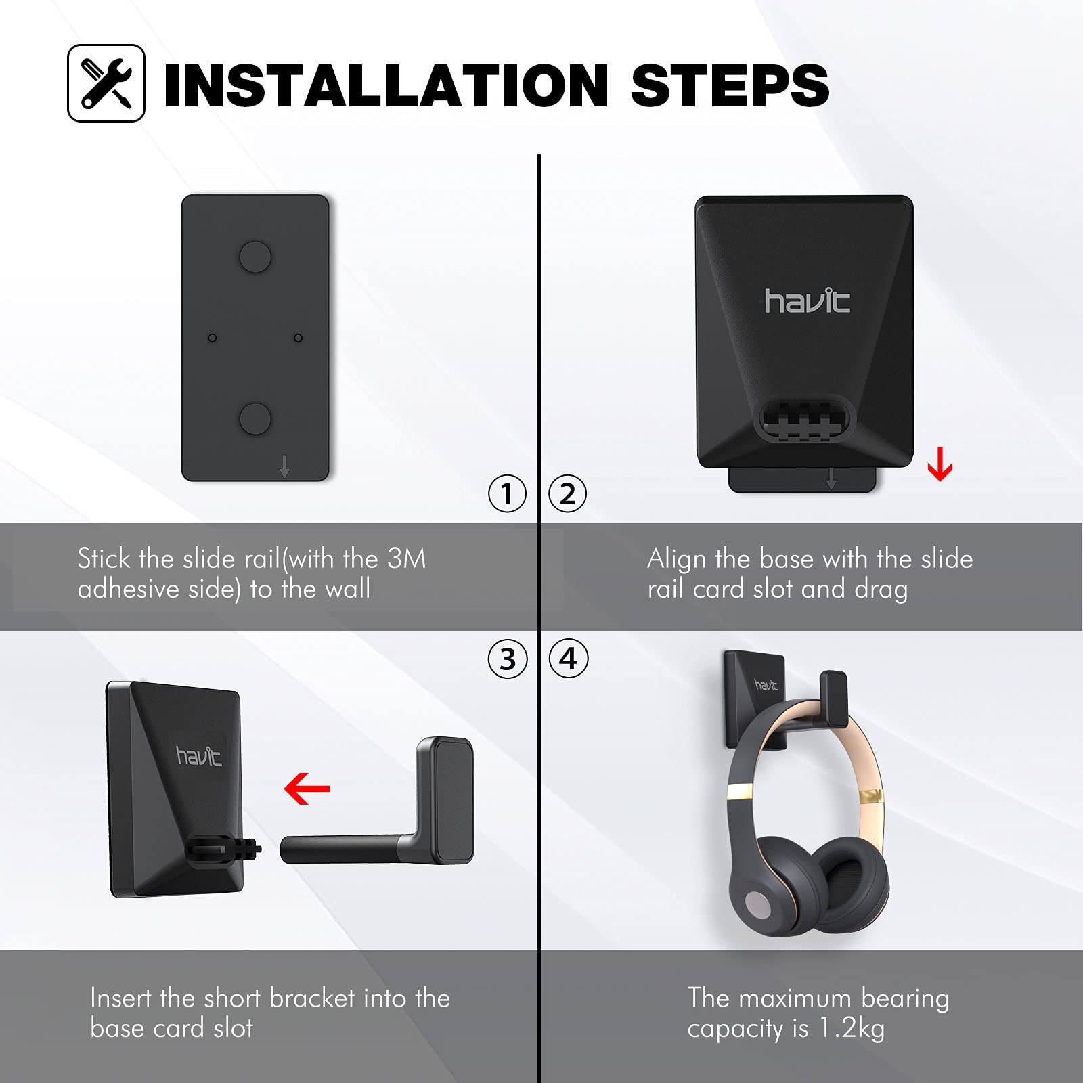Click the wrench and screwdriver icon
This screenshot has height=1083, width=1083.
pyautogui.click(x=106, y=83)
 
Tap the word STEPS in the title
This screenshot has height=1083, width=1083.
pyautogui.click(x=730, y=85)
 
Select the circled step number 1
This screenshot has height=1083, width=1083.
pyautogui.click(x=507, y=493)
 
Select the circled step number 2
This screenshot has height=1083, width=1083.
pyautogui.click(x=567, y=493)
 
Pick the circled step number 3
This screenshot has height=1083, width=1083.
pyautogui.click(x=507, y=659)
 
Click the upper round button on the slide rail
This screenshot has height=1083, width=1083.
pyautogui.click(x=255, y=257)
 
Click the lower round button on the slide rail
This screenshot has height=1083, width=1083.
pyautogui.click(x=255, y=418)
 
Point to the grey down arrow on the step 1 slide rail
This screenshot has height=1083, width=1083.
pyautogui.click(x=284, y=466)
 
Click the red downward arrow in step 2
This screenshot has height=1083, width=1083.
pyautogui.click(x=940, y=464)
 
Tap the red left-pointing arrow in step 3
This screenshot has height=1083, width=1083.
pyautogui.click(x=307, y=789)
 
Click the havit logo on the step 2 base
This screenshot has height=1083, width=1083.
pyautogui.click(x=807, y=301)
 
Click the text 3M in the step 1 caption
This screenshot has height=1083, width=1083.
pyautogui.click(x=407, y=558)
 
